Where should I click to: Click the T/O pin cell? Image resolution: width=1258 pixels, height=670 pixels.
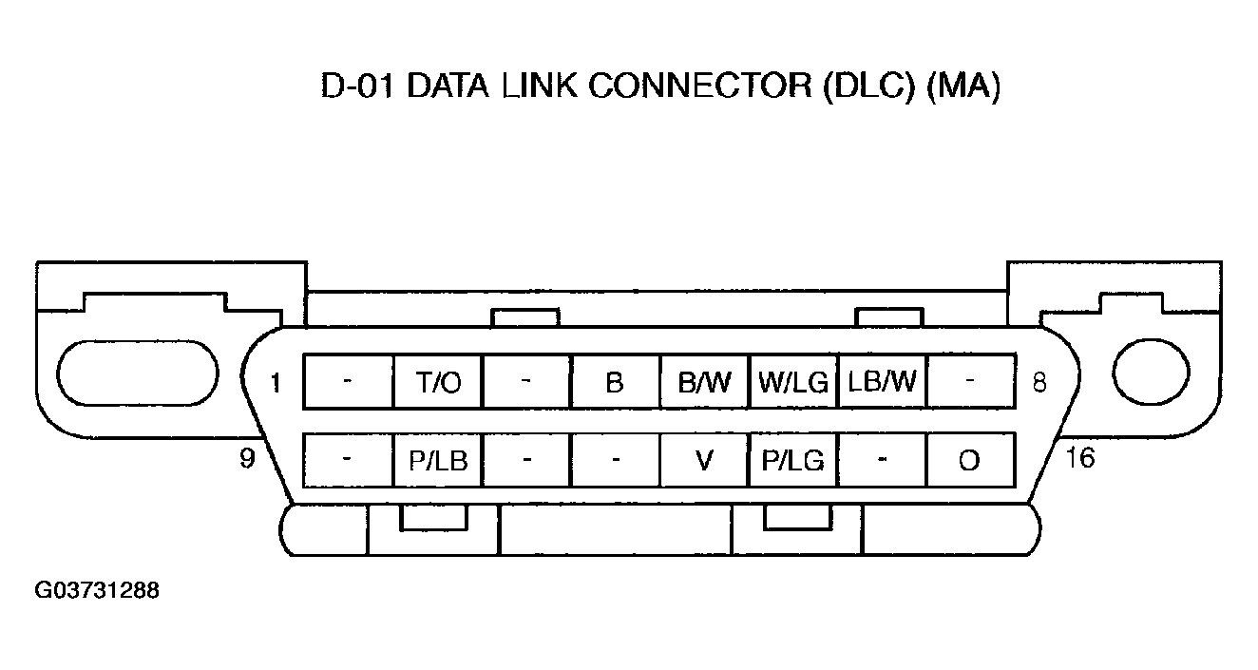[438, 382]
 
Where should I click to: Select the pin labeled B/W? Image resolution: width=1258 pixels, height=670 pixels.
[705, 382]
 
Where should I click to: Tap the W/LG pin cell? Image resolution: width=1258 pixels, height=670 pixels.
[793, 382]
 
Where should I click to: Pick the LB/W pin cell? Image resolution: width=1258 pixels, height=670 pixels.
[883, 382]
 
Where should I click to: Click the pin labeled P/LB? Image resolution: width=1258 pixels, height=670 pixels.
[438, 461]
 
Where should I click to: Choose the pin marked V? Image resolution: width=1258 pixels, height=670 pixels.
[705, 461]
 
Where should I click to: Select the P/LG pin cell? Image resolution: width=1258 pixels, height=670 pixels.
[793, 461]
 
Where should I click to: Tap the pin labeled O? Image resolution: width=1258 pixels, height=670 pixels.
[970, 461]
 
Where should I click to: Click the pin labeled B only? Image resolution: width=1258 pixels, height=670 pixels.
[615, 382]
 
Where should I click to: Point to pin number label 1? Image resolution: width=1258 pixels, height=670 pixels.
[276, 383]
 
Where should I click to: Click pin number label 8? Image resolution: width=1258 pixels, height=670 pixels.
[1039, 383]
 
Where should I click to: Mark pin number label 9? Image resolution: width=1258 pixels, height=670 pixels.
[247, 459]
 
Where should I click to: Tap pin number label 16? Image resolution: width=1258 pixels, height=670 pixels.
[1080, 458]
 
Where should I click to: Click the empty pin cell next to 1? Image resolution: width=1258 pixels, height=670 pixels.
[349, 382]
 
